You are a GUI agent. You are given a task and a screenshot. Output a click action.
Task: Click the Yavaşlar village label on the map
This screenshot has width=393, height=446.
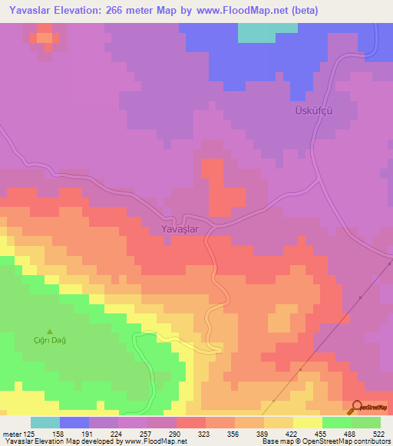180,228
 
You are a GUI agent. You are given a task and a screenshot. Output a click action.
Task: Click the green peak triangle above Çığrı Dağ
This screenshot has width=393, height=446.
50,331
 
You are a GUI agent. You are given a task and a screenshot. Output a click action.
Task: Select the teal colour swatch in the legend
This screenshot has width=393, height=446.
45,422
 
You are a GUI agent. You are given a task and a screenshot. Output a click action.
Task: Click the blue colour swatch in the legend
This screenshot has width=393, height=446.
74,422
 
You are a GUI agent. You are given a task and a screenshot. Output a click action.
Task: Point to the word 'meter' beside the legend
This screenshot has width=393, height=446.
12,433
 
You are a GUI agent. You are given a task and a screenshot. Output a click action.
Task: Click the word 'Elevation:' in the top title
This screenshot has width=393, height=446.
83,11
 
